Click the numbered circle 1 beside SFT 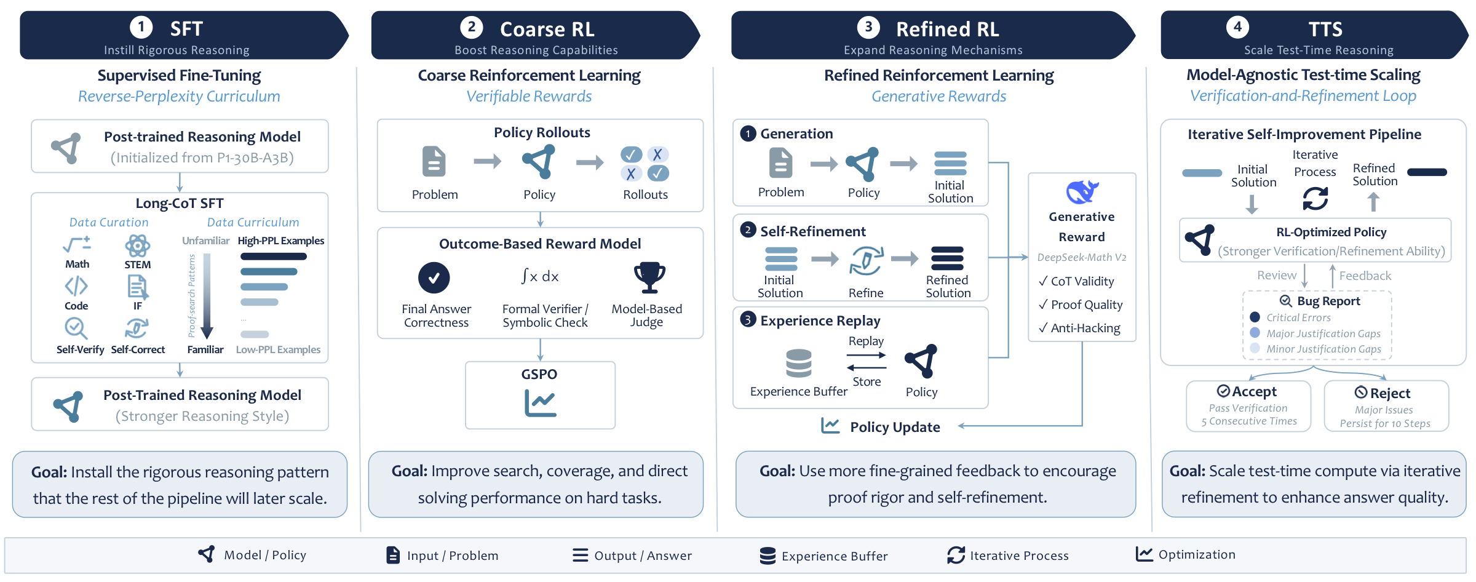pos(141,26)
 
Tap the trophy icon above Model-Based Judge pos(649,277)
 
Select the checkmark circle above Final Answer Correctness pos(434,277)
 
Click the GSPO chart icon pos(540,403)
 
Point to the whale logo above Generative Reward pos(1082,191)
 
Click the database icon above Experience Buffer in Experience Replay pos(799,363)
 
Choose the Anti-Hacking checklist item pos(1079,328)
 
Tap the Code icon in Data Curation pos(76,286)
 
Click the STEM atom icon pos(138,246)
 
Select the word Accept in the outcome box pos(1254,391)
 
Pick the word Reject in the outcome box pos(1390,393)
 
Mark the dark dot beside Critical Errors pos(1255,317)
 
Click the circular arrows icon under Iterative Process pos(1315,198)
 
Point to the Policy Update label pos(895,427)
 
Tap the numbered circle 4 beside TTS pos(1237,26)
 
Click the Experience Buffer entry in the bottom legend pos(824,556)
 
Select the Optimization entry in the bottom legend pos(1186,554)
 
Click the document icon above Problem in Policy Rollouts pos(434,161)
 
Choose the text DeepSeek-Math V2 pos(1082,257)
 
